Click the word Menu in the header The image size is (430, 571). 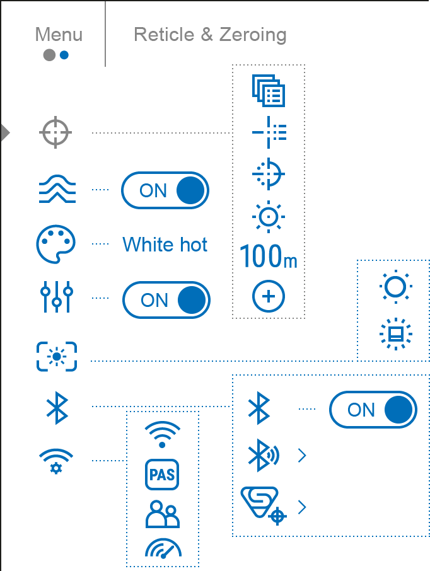[59, 35]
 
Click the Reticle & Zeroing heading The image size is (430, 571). [210, 35]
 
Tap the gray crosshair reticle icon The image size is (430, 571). [55, 133]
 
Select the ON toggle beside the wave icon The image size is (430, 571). [165, 190]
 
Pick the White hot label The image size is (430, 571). [165, 245]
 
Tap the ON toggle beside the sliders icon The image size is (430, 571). [166, 300]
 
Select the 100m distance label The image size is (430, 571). [268, 257]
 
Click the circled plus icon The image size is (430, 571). [269, 297]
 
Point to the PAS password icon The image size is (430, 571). [162, 475]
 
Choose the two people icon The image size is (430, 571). [162, 514]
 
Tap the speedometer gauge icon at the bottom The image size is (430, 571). [163, 548]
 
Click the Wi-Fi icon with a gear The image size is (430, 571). [56, 461]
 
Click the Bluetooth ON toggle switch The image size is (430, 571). [373, 410]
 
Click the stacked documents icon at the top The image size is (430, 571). [269, 90]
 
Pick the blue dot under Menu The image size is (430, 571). [64, 55]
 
